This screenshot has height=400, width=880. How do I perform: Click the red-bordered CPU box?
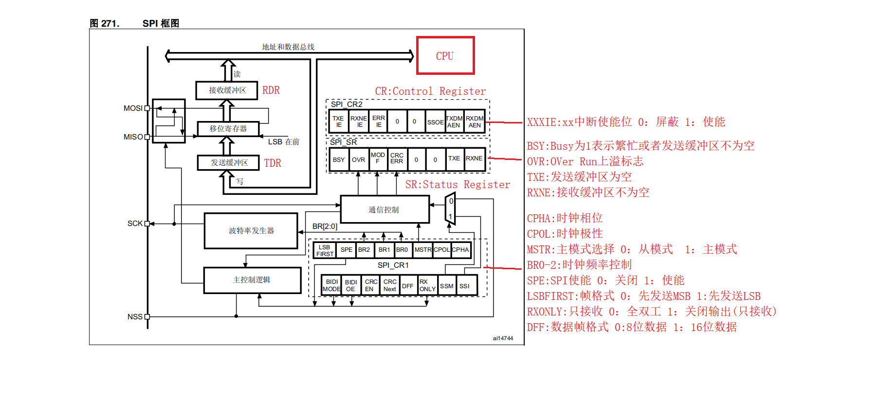[x=445, y=55]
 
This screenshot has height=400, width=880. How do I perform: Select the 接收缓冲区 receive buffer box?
[x=227, y=90]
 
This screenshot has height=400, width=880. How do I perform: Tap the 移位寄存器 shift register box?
[x=228, y=129]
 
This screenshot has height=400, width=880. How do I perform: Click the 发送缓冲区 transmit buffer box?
[x=228, y=163]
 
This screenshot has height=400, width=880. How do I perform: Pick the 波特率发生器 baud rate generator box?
[x=251, y=231]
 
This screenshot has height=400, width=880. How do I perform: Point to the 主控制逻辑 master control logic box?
[x=252, y=280]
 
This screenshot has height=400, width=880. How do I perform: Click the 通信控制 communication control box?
[x=385, y=209]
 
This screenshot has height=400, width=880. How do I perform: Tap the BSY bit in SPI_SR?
[x=339, y=159]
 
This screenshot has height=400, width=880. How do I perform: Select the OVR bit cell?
[x=359, y=159]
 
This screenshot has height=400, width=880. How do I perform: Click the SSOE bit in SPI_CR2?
[x=435, y=122]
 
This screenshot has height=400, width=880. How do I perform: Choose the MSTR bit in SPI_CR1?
[x=423, y=250]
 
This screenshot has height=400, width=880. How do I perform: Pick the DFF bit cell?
[x=408, y=286]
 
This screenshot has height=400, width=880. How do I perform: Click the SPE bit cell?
[x=347, y=250]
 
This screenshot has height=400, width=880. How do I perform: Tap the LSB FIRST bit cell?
[x=325, y=250]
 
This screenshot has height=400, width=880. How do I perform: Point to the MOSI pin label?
[x=133, y=108]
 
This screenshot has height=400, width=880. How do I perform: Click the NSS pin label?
[x=135, y=317]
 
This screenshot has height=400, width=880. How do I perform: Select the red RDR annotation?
[x=271, y=90]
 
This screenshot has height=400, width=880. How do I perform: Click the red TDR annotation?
[x=273, y=163]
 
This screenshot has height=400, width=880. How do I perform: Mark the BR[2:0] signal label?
[x=325, y=226]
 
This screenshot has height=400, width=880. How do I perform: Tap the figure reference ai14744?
[x=503, y=338]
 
